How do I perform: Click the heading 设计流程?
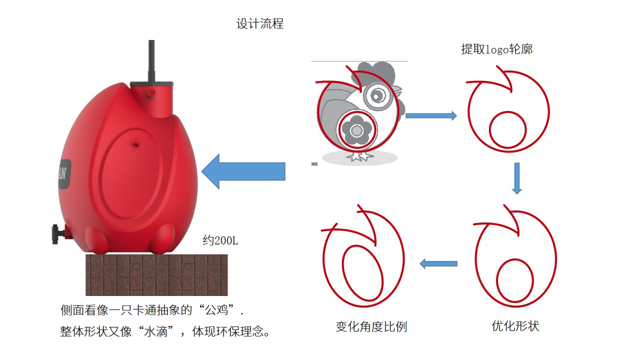pos(260,23)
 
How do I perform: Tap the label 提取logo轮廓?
pos(496,49)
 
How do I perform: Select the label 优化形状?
pos(515,326)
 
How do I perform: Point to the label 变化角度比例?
pos(371,326)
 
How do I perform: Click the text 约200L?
pos(220,240)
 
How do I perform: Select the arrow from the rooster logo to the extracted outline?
pos(430,116)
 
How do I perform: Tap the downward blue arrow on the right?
pos(517,178)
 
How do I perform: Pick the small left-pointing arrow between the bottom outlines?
pos(438,263)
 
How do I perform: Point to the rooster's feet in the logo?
pos(359,156)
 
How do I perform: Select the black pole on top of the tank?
pos(151,60)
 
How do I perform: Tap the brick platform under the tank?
pos(156,274)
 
